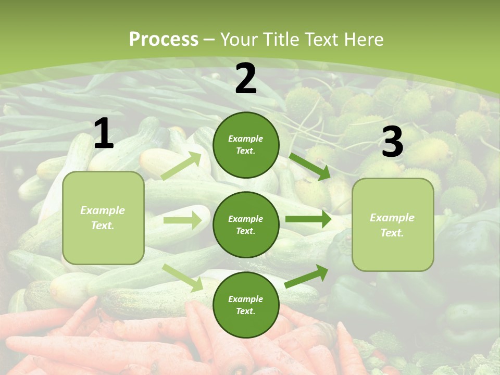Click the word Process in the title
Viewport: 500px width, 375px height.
click(164, 40)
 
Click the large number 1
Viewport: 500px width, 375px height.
click(104, 134)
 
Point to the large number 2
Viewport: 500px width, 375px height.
click(246, 79)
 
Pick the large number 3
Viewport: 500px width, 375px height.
click(392, 142)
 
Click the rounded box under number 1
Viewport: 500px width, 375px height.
click(103, 218)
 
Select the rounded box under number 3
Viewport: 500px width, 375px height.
click(393, 225)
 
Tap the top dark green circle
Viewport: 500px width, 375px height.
click(246, 145)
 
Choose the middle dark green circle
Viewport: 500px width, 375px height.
click(246, 224)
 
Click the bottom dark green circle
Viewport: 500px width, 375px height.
click(246, 305)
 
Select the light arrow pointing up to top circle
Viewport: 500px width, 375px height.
click(181, 166)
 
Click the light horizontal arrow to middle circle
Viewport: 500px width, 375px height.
click(182, 220)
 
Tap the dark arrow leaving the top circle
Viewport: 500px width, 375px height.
click(309, 166)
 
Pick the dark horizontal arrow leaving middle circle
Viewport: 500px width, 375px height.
click(308, 219)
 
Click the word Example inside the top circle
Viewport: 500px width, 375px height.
click(246, 139)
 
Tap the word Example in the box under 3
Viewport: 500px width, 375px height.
click(392, 218)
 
